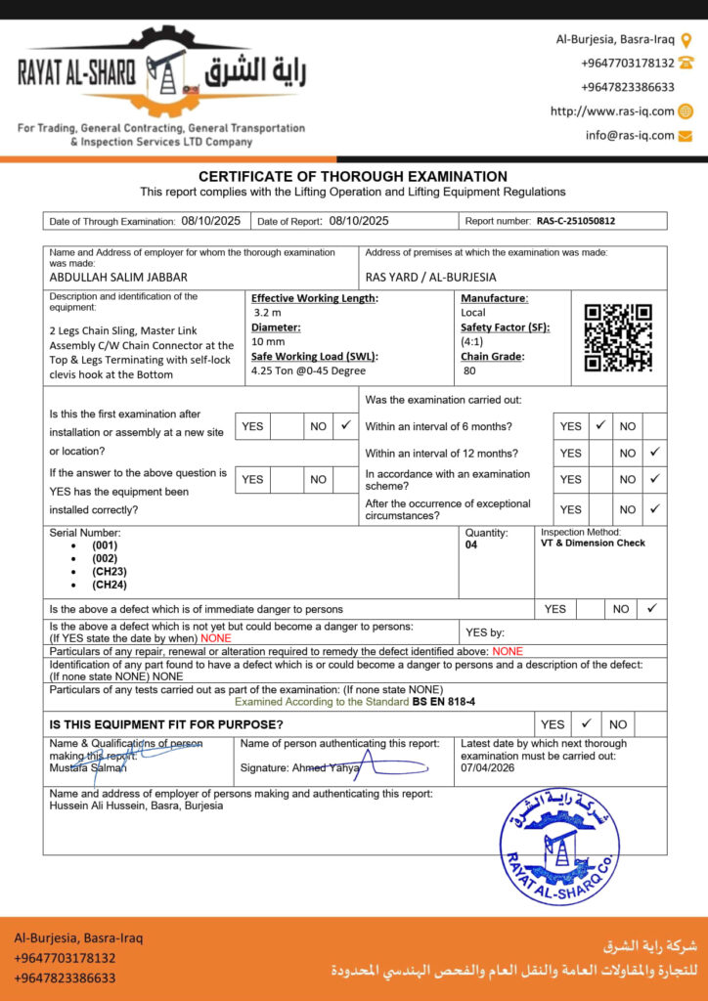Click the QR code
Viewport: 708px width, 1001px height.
[618, 338]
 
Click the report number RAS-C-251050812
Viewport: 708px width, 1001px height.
[576, 221]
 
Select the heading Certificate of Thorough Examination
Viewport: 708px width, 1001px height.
[353, 176]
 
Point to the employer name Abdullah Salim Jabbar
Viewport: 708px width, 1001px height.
[118, 277]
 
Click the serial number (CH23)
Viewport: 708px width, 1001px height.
[110, 571]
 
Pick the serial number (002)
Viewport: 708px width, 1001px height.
[105, 557]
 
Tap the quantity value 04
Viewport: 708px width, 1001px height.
[472, 545]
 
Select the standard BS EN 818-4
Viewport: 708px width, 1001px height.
[443, 702]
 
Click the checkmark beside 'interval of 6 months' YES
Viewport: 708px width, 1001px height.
[600, 426]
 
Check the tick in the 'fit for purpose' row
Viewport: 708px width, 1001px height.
[585, 724]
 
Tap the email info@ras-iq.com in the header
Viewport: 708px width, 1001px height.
[630, 136]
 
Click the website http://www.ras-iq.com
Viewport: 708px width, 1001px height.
[612, 111]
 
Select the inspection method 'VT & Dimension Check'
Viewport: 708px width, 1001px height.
[593, 544]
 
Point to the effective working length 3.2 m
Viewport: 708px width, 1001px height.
[267, 313]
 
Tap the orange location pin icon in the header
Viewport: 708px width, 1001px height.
[686, 40]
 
